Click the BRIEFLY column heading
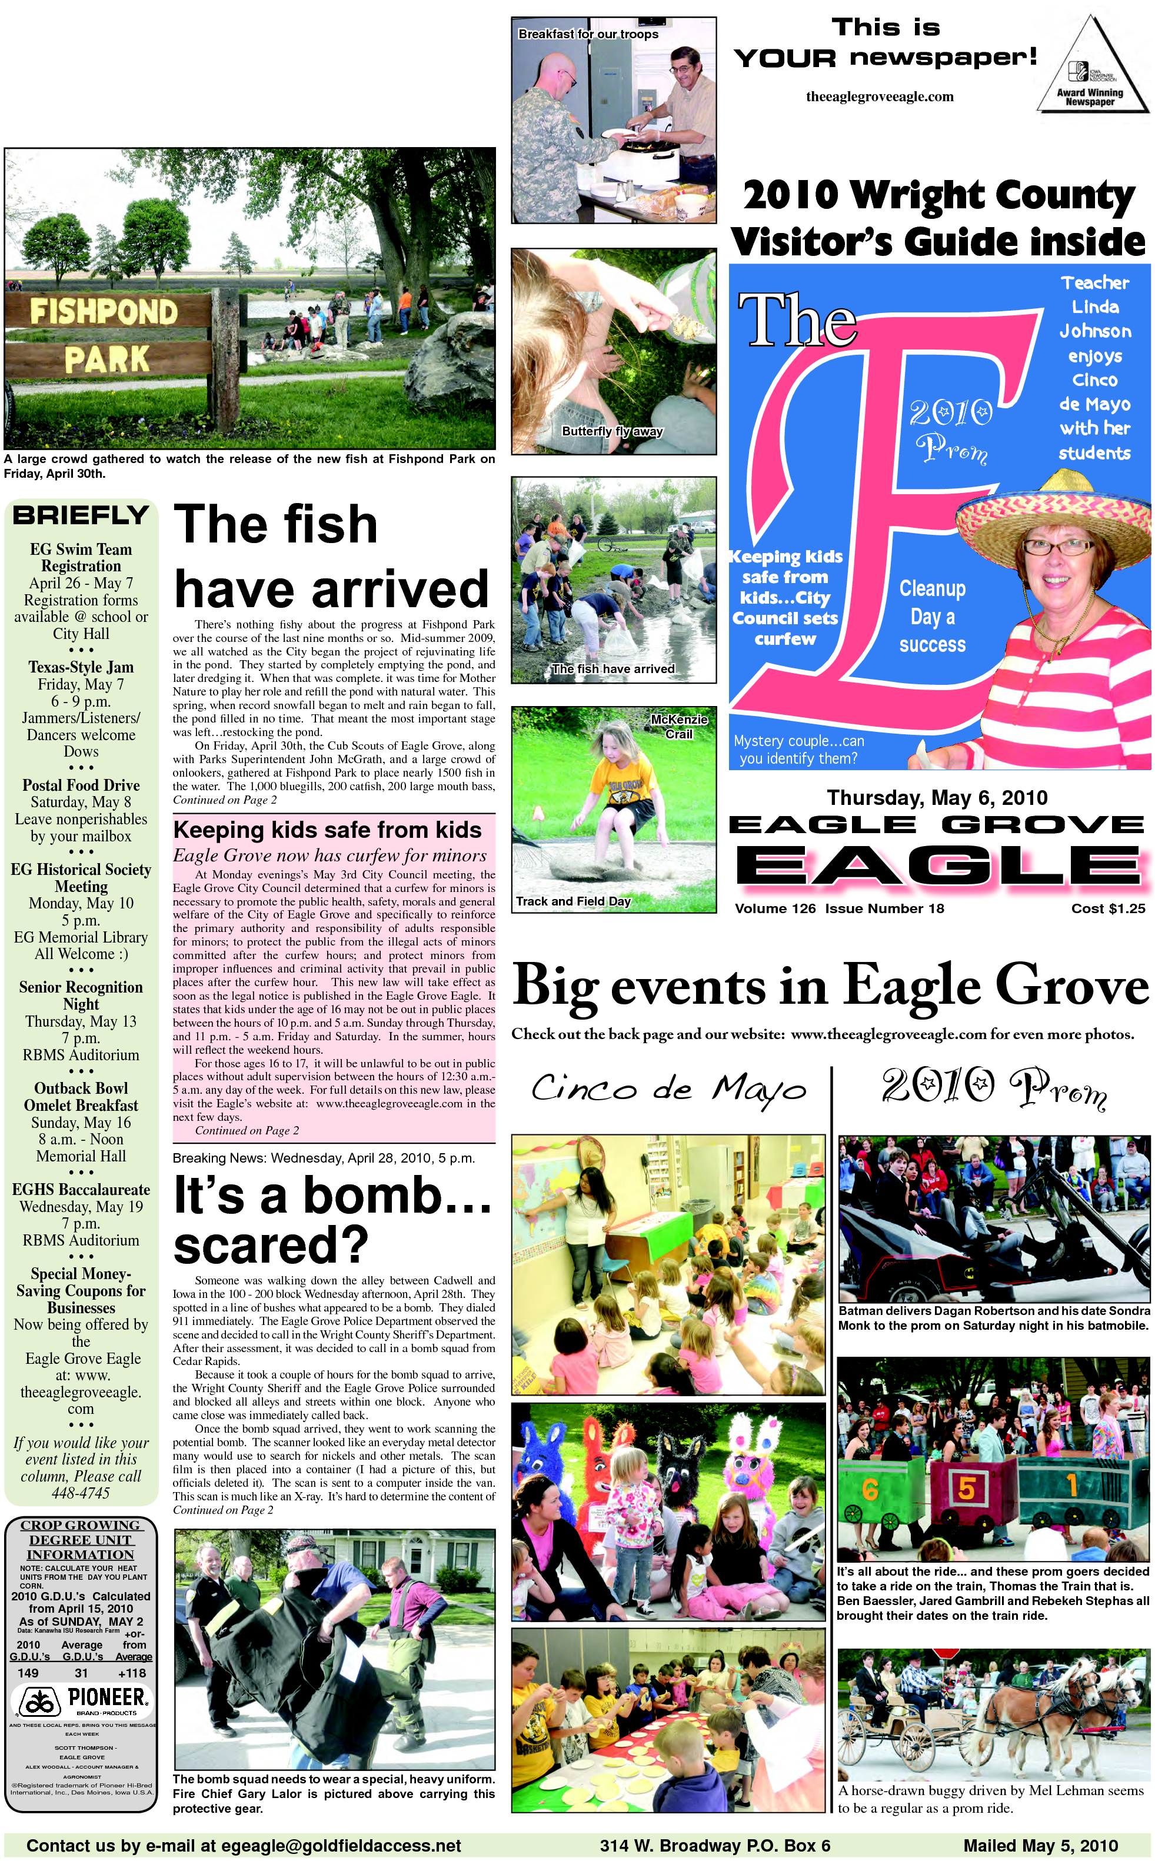(81, 515)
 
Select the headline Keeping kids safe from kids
(327, 830)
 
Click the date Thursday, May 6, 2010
(937, 798)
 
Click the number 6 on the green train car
(869, 1489)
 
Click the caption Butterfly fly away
(612, 431)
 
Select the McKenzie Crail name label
(679, 726)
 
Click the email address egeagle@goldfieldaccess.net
(341, 1846)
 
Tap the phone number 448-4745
(81, 1493)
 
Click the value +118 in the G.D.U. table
(132, 1673)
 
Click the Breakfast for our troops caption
(588, 34)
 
